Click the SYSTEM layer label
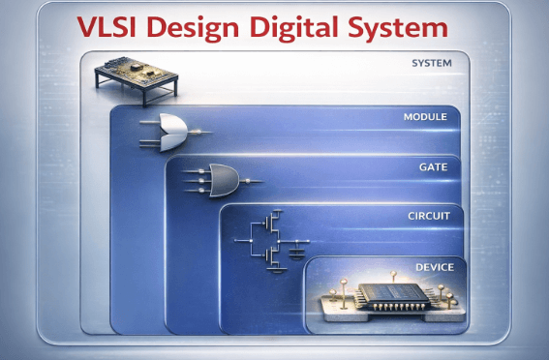432,64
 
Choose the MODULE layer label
424,116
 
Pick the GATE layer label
433,166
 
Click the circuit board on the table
133,72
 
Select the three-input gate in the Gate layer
224,177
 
